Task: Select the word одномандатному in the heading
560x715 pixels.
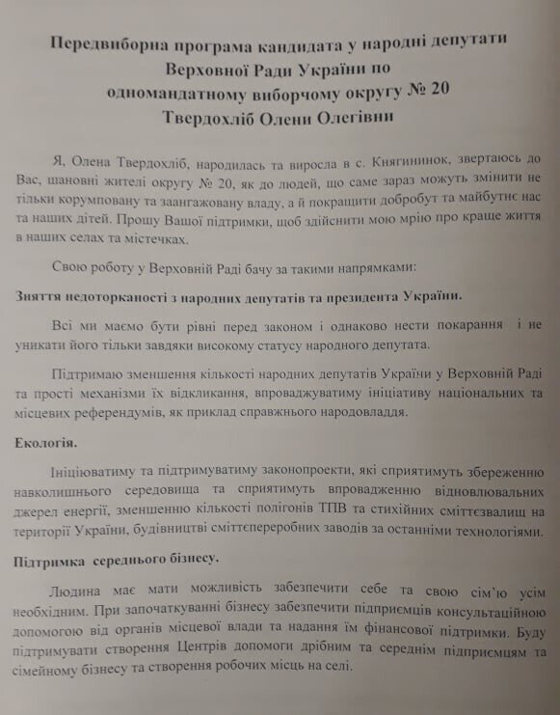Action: (x=177, y=93)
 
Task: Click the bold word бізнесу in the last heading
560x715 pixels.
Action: (x=189, y=561)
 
